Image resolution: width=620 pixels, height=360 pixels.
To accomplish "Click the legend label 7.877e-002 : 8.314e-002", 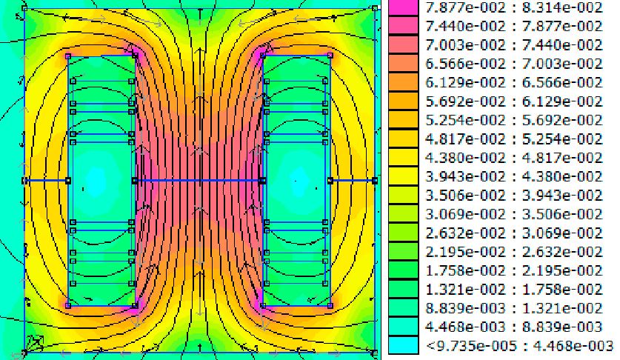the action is (x=513, y=7).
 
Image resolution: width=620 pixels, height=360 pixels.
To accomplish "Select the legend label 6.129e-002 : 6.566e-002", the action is (x=513, y=83).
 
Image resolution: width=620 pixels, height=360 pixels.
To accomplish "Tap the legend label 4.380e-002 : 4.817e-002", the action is (x=513, y=158).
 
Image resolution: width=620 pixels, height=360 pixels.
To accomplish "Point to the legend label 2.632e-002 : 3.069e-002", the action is (x=513, y=233).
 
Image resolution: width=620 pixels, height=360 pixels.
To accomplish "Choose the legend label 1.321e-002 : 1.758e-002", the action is (x=513, y=290).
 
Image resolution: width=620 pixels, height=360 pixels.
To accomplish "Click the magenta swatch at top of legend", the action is (x=403, y=7).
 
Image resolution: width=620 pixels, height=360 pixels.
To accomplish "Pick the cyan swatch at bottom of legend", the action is (x=403, y=345).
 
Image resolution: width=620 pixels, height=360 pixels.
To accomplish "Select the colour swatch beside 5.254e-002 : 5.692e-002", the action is (x=403, y=120).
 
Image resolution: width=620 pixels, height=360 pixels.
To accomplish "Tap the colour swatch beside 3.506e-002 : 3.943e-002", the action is (x=403, y=195).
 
